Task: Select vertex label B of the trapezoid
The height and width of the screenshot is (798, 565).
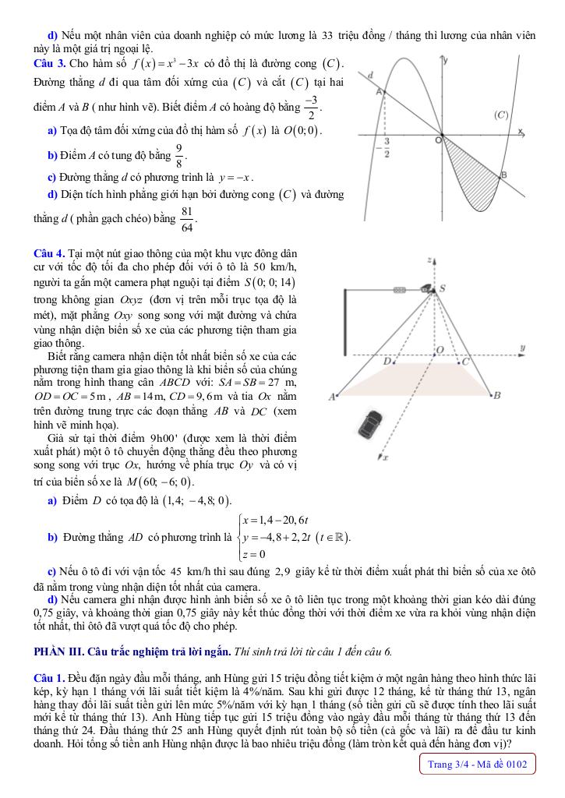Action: pyautogui.click(x=496, y=396)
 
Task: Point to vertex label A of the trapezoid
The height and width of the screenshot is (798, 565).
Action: pyautogui.click(x=331, y=397)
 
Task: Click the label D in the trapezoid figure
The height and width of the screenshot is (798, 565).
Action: pyautogui.click(x=387, y=362)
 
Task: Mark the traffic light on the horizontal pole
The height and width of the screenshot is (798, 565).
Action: pyautogui.click(x=401, y=289)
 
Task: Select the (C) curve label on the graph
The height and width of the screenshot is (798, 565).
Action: pyautogui.click(x=501, y=115)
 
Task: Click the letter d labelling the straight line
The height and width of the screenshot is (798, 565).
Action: pyautogui.click(x=371, y=73)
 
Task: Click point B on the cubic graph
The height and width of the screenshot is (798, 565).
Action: pyautogui.click(x=503, y=175)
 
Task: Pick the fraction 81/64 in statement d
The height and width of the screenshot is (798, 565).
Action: pyautogui.click(x=187, y=223)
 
